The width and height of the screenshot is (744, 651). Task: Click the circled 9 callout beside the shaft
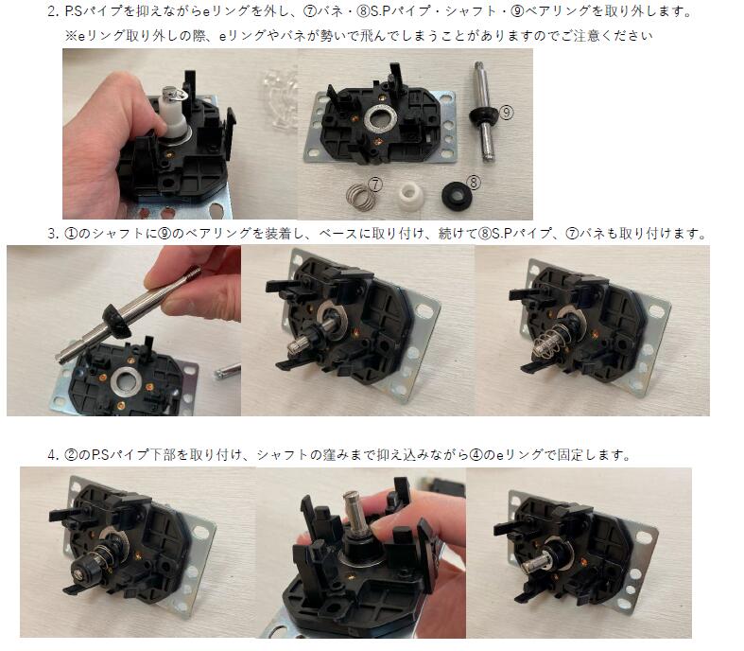coord(507,111)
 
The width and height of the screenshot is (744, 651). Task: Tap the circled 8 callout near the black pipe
coord(475,177)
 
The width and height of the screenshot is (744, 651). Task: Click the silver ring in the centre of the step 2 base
coord(382,120)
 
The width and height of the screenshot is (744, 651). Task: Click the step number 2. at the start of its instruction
coord(53,13)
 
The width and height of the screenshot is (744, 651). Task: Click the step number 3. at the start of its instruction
coord(53,234)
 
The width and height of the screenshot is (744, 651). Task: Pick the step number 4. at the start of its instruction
coord(53,454)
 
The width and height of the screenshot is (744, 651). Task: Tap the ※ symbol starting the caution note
coord(70,35)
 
